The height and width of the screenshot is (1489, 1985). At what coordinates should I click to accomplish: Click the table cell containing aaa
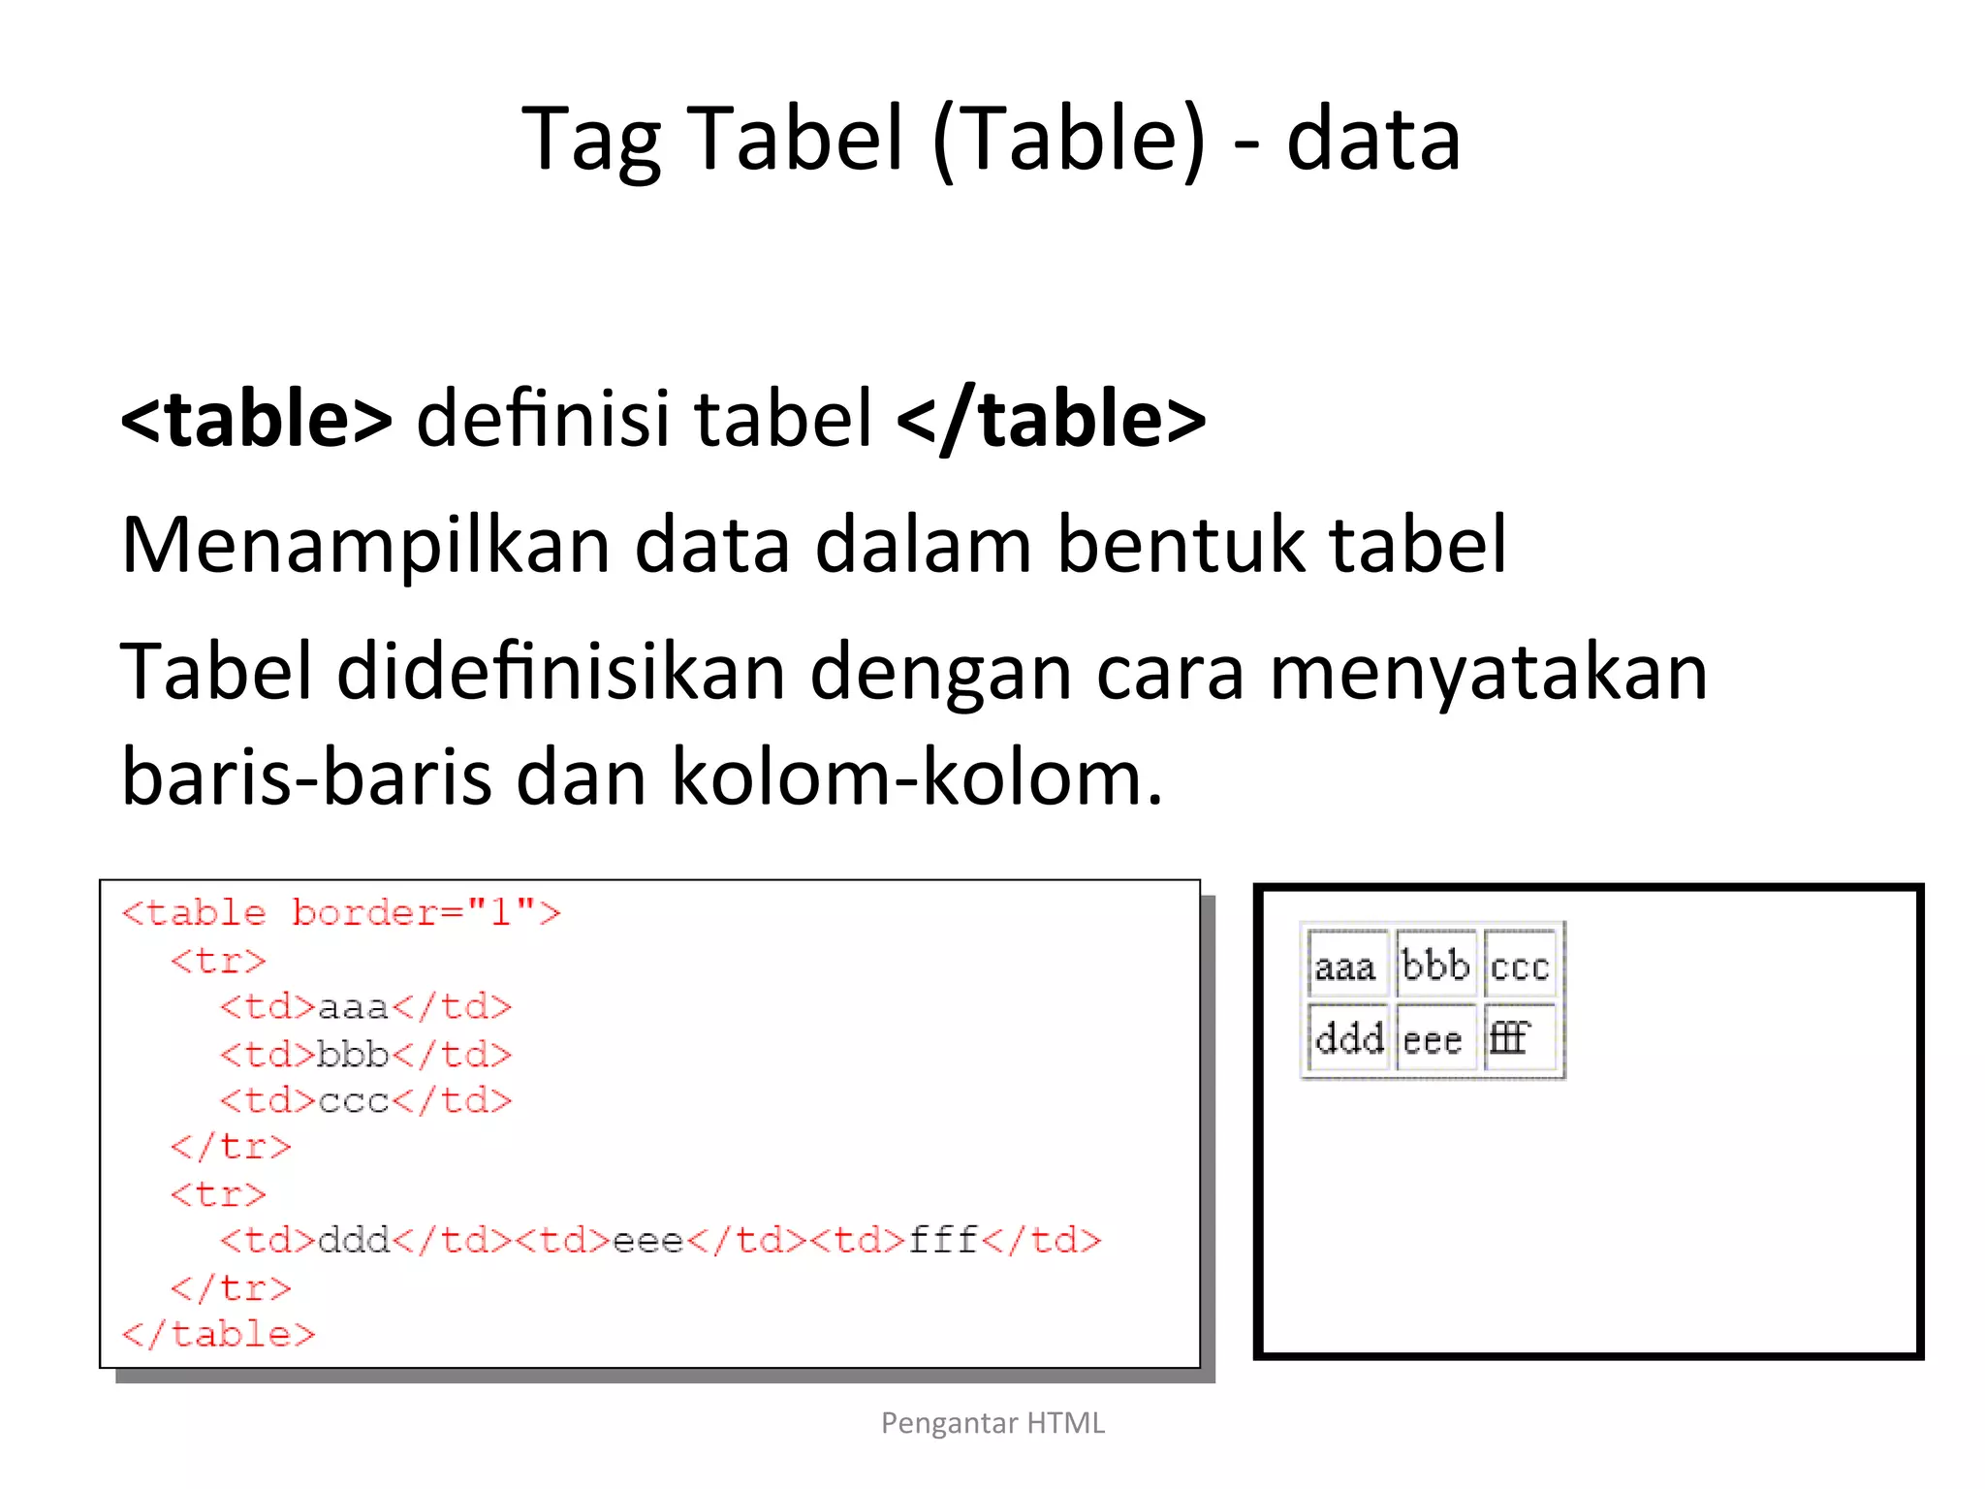[1346, 966]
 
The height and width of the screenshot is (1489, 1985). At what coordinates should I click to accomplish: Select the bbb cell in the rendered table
[1435, 966]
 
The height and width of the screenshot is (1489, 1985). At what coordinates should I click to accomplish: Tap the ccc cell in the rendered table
[1519, 966]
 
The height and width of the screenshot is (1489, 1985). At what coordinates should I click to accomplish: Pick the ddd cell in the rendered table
[1349, 1039]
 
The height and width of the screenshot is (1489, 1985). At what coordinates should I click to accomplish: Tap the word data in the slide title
[1373, 140]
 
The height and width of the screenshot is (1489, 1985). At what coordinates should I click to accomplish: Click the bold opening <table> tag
[257, 419]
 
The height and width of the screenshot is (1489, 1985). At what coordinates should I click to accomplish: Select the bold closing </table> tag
[1052, 419]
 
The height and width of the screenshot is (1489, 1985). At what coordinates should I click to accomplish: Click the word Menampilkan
[365, 546]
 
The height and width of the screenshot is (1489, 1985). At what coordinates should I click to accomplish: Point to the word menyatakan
[1488, 672]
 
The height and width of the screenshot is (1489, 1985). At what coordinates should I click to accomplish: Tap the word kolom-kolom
[916, 777]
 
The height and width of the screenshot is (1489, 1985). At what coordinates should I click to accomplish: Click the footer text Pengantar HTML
[992, 1423]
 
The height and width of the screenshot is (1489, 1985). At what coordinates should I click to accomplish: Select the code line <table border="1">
[341, 913]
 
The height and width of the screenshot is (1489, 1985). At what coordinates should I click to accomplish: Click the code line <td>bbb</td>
[365, 1054]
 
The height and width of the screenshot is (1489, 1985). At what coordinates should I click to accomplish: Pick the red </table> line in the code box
[219, 1335]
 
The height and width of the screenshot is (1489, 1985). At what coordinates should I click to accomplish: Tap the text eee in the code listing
[648, 1241]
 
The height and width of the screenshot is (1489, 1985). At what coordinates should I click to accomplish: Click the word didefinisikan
[561, 672]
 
